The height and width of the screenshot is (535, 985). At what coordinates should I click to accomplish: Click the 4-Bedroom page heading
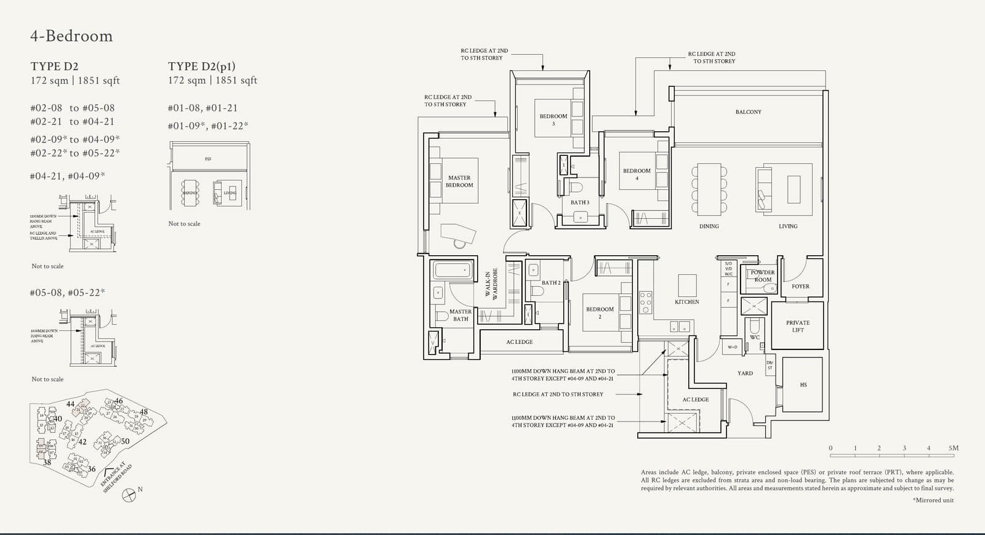point(71,36)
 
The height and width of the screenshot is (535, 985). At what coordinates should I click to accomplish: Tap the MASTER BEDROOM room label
point(459,181)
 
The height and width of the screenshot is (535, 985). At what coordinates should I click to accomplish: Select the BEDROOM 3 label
point(553,119)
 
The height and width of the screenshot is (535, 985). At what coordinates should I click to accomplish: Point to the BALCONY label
point(748,112)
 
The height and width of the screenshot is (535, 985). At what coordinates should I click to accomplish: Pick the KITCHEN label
point(686,302)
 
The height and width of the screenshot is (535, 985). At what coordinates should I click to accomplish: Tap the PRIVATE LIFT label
point(798,326)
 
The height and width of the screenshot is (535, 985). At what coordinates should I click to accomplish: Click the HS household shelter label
point(803,385)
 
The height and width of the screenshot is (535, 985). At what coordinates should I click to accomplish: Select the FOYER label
point(800,287)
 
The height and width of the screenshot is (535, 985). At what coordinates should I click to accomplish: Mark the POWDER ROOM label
point(763,276)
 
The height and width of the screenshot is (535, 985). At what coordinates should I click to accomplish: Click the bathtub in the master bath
point(452,270)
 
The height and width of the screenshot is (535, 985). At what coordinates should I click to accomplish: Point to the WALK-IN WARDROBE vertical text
point(491,285)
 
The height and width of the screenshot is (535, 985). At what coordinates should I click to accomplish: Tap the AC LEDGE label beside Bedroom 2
point(520,342)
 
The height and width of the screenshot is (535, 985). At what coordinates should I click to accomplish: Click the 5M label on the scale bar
point(954,448)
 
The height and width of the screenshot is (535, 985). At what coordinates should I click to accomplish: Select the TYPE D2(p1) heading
point(202,66)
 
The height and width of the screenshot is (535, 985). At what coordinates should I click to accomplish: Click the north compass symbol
point(129,494)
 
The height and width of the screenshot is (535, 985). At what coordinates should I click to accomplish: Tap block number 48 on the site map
point(143,412)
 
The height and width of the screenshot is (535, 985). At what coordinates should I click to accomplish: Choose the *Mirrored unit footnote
point(933,500)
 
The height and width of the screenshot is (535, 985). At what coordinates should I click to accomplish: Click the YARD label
point(745,373)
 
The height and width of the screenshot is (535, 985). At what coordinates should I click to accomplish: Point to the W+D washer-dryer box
point(732,347)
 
